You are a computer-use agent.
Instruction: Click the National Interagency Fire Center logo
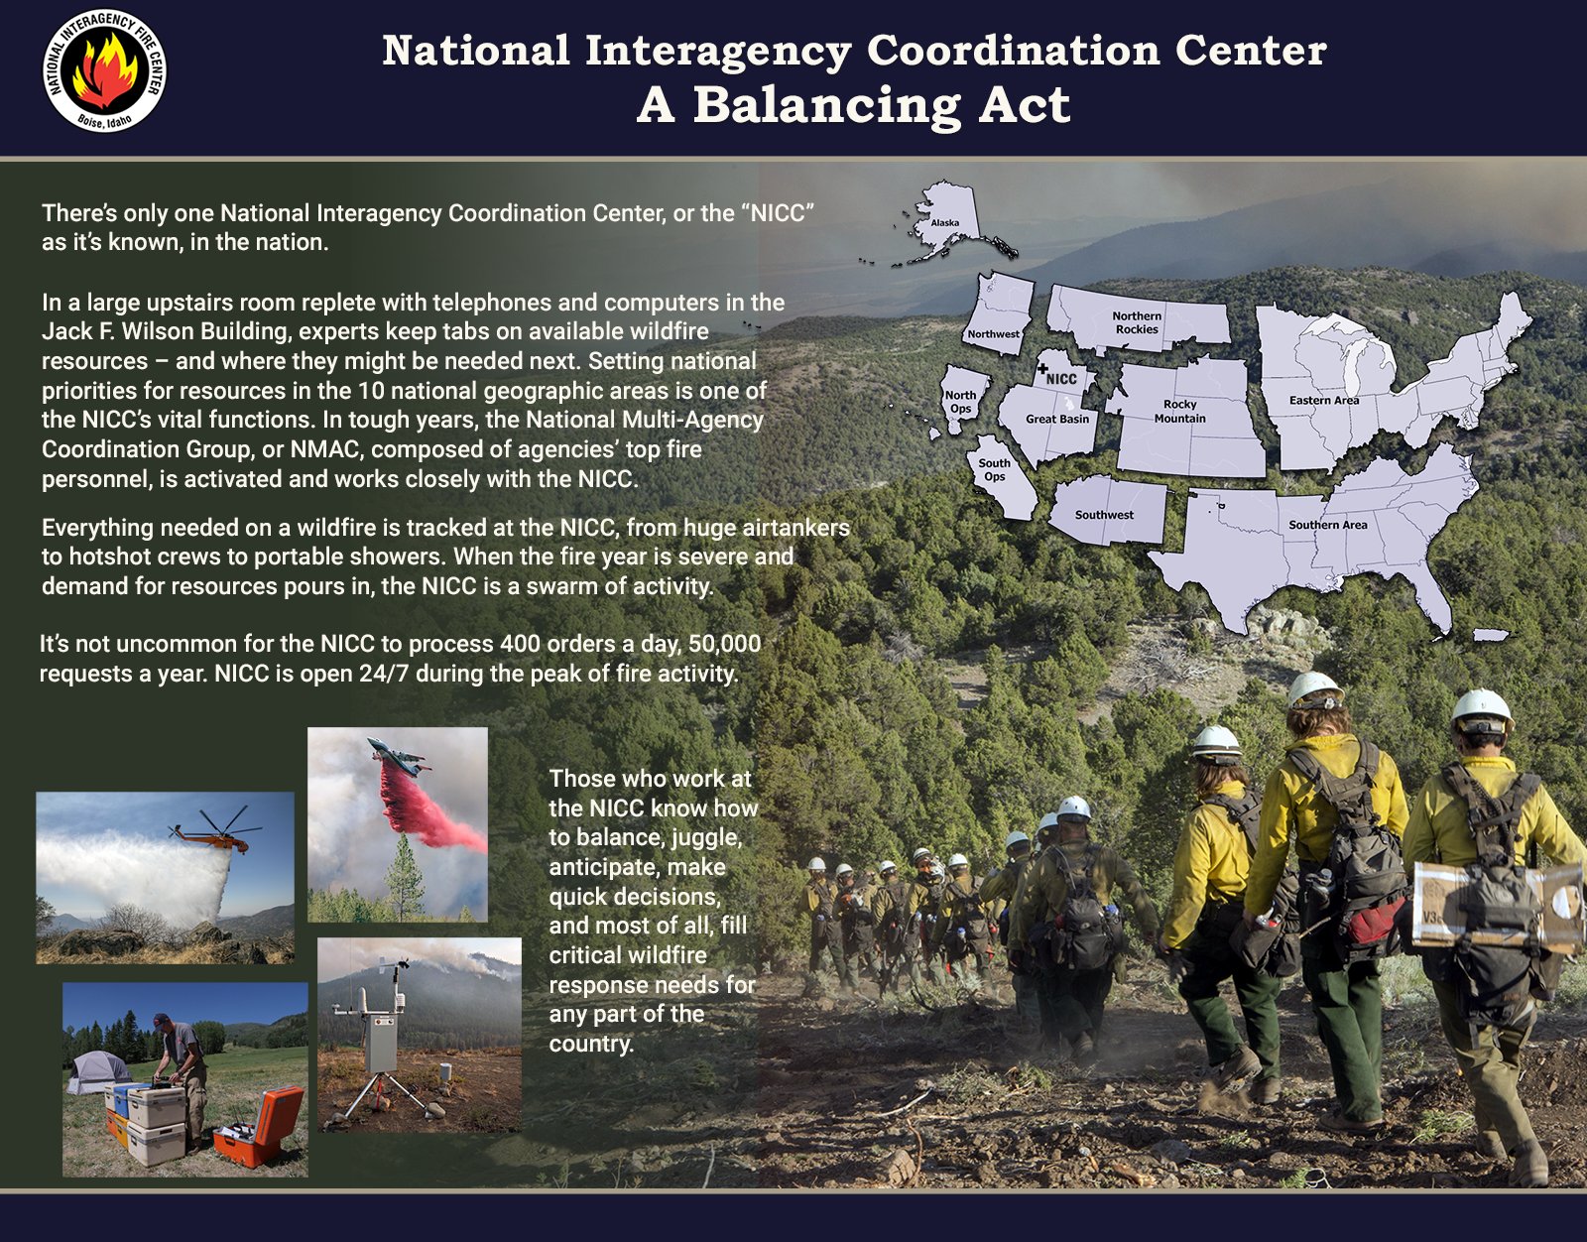(x=104, y=69)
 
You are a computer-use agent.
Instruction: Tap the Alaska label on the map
(x=944, y=223)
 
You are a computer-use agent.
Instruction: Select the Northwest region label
(x=993, y=334)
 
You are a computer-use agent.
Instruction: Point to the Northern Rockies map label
(x=1137, y=322)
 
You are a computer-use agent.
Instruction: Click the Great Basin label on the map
(x=1057, y=419)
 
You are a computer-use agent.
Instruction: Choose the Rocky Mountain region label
(x=1180, y=412)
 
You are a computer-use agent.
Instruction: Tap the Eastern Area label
(x=1324, y=401)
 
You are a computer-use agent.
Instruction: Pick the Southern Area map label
(x=1327, y=525)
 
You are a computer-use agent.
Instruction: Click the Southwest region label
(x=1104, y=515)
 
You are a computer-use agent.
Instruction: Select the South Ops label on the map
(x=994, y=470)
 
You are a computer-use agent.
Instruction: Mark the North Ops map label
(x=960, y=402)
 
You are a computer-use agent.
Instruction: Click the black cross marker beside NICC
(x=1042, y=368)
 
